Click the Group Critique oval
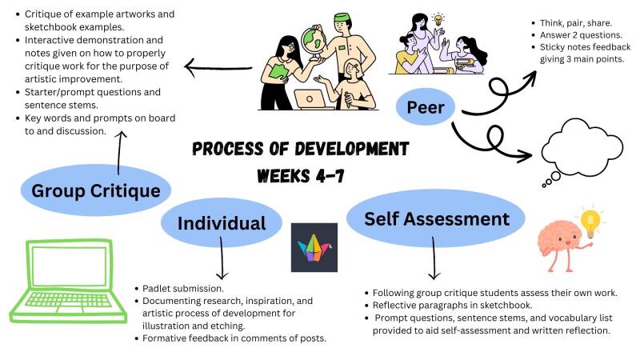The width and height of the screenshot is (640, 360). click(96, 190)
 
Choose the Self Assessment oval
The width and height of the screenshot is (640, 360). click(436, 218)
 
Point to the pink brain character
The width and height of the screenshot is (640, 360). click(560, 248)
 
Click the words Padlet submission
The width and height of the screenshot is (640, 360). click(184, 288)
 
